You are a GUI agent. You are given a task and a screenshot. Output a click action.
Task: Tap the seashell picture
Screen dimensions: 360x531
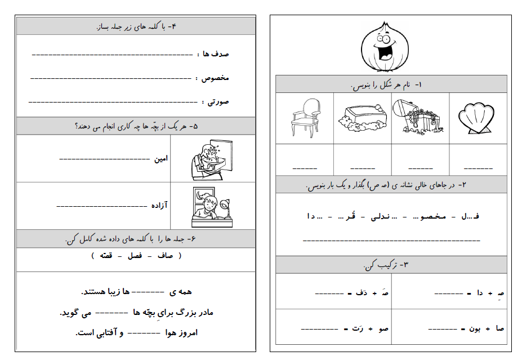478,119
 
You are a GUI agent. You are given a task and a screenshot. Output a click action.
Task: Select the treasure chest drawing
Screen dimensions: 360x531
420,117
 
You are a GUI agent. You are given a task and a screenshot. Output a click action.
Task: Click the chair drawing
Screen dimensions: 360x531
305,117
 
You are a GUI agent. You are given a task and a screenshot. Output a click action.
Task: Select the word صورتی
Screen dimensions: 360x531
217,102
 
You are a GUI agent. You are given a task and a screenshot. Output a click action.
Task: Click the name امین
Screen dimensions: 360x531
161,158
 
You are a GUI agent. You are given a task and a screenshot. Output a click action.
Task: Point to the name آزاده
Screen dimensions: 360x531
159,206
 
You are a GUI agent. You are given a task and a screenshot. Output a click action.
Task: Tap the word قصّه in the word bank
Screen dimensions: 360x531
105,256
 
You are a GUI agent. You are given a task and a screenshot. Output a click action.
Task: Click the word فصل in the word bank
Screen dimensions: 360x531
135,256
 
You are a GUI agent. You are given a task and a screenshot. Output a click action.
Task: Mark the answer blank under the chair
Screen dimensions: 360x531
305,168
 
